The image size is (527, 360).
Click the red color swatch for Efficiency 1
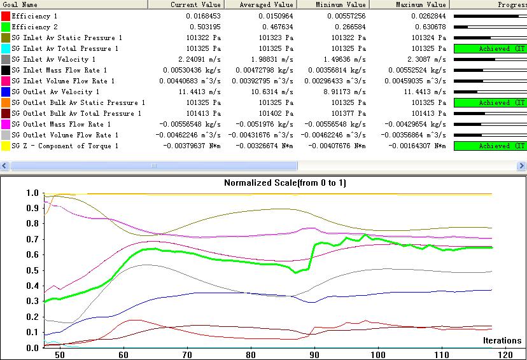coord(6,16)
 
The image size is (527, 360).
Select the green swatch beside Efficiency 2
coord(6,27)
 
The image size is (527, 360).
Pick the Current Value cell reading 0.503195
coord(204,27)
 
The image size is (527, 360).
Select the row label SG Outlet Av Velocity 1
coord(55,92)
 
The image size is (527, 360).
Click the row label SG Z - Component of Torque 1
coord(65,146)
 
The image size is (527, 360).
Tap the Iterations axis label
coord(502,340)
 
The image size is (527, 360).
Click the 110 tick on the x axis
coord(441,354)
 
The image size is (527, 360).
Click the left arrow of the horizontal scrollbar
coord(4,165)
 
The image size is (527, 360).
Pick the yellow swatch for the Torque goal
coord(6,146)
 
